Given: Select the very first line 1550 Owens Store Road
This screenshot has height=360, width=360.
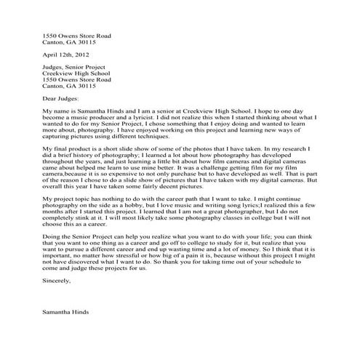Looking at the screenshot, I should tap(76, 35).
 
